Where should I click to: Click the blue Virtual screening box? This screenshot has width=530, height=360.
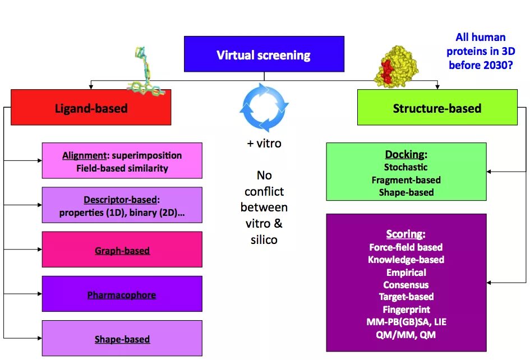tap(264, 54)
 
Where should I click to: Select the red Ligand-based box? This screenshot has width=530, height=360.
tap(91, 108)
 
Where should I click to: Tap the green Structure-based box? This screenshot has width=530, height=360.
tap(437, 108)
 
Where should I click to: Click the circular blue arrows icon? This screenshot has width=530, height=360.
tap(264, 105)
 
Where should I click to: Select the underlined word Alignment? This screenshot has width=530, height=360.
tap(84, 155)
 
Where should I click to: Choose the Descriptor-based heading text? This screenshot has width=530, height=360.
tap(121, 199)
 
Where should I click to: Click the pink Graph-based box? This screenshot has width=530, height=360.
tap(122, 250)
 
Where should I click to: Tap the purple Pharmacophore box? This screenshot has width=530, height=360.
tap(122, 294)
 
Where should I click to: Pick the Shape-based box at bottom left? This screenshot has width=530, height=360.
tap(122, 339)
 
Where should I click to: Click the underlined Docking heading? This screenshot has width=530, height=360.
tap(406, 154)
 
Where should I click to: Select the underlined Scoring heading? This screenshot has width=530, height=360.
tap(405, 234)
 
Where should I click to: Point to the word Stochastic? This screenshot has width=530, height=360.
tap(405, 167)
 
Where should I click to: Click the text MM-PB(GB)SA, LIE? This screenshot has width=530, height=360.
tap(406, 322)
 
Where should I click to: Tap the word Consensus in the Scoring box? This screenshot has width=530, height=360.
tap(406, 284)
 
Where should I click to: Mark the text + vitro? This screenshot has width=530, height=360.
tap(264, 144)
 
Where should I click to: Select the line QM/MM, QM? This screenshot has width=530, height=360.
tap(406, 335)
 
